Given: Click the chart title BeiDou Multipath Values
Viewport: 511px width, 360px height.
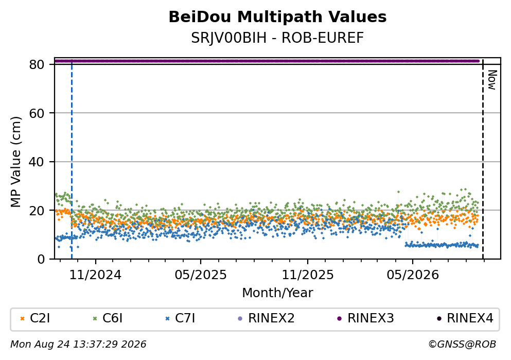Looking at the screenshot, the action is click(277, 17).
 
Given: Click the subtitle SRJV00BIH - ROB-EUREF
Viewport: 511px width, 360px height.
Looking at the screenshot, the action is click(277, 38).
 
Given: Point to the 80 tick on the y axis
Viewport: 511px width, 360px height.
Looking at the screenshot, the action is click(37, 64).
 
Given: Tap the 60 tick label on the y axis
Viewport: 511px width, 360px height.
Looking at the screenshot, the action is click(37, 113).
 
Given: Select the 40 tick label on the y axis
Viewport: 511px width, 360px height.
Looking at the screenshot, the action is click(37, 162).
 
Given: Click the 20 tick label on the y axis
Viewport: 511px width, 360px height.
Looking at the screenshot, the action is click(37, 210).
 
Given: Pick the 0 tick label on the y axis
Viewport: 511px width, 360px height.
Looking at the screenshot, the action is click(41, 259).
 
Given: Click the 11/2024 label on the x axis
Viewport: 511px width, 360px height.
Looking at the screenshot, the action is click(96, 275).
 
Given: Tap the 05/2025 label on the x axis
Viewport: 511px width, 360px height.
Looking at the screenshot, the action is click(201, 275).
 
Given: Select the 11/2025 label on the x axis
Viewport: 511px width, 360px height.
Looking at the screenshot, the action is click(308, 275).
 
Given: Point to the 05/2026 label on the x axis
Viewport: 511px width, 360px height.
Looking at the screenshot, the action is click(413, 275).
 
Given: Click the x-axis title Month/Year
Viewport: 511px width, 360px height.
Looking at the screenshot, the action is click(277, 293).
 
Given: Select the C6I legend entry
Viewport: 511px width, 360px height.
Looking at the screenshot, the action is click(108, 318).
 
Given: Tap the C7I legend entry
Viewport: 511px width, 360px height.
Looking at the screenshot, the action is click(180, 318).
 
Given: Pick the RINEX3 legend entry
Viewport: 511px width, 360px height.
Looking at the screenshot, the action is click(365, 318).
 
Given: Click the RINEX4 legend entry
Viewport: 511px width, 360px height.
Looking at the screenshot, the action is click(465, 318).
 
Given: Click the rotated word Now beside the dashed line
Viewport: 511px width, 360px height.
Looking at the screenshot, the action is click(492, 80).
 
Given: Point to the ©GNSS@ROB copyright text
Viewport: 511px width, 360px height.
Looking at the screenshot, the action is click(462, 345).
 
